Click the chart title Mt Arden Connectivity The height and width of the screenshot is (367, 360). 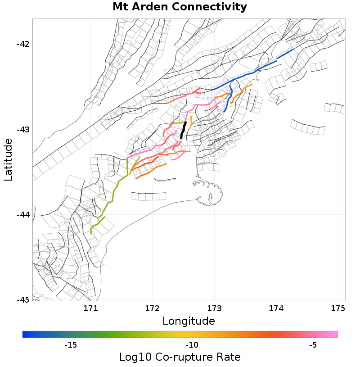(x=180, y=7)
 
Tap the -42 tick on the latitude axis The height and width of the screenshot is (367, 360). (x=23, y=44)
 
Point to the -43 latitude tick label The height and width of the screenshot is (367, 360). (x=23, y=130)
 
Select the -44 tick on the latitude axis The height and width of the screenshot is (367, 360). (x=23, y=215)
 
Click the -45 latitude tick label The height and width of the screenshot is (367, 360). (x=23, y=300)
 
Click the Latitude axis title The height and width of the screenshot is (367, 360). (x=8, y=160)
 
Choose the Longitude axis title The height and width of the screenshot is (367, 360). (x=189, y=321)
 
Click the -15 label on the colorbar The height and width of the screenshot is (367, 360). (x=70, y=345)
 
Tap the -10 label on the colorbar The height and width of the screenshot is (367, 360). (x=192, y=345)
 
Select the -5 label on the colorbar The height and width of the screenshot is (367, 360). (x=313, y=345)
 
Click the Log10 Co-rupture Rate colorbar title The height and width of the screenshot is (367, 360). (x=180, y=357)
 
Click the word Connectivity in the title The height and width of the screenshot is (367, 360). (x=211, y=7)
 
